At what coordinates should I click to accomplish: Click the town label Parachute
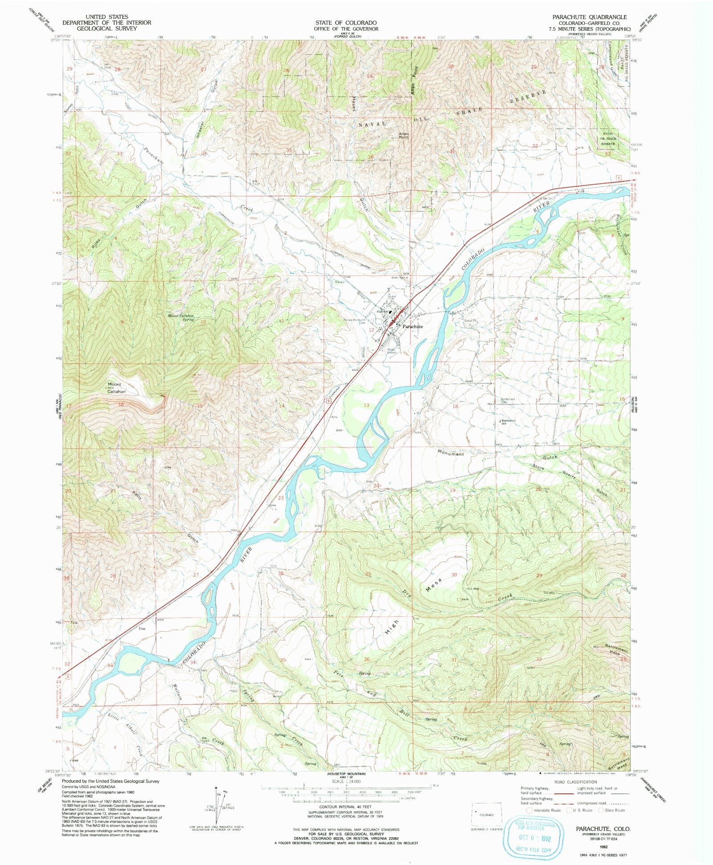click(x=413, y=326)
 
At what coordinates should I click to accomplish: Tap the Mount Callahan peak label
click(x=114, y=387)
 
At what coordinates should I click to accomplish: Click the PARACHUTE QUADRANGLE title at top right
click(x=589, y=17)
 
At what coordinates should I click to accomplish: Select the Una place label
click(x=142, y=629)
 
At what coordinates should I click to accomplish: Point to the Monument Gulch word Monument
click(x=451, y=454)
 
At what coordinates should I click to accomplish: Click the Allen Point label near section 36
click(x=404, y=135)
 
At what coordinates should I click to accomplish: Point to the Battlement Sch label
click(x=508, y=422)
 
